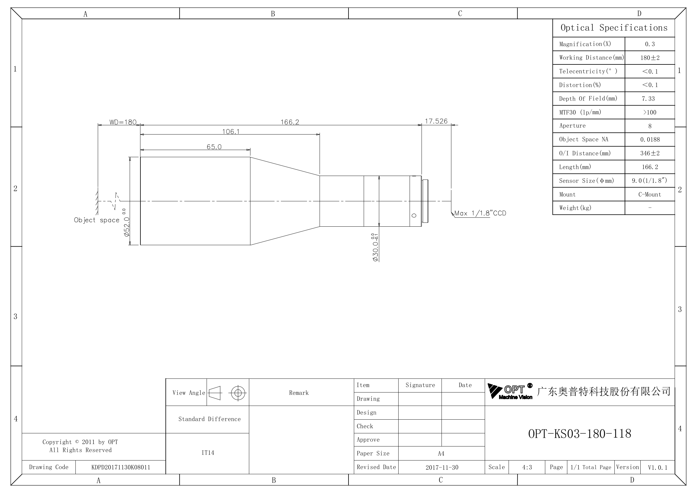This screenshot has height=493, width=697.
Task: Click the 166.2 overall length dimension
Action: (289, 122)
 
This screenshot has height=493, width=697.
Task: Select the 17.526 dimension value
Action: (436, 121)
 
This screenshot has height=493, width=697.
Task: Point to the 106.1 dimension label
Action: (231, 132)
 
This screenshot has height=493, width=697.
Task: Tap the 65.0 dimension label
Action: (214, 147)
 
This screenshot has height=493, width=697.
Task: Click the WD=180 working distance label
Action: (123, 122)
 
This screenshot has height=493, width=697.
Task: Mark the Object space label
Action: (97, 220)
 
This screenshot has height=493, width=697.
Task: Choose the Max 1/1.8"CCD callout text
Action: (480, 213)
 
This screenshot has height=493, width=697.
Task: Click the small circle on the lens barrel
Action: (414, 215)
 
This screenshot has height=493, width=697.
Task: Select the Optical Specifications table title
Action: (614, 28)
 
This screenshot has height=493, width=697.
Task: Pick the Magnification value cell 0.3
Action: (650, 44)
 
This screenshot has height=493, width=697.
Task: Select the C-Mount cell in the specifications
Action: (650, 194)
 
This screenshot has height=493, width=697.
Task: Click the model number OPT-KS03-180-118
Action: (580, 433)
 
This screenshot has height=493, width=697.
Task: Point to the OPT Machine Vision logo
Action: (510, 391)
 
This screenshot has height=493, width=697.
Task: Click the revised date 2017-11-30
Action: (442, 467)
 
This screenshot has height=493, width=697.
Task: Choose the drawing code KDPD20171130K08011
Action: (121, 467)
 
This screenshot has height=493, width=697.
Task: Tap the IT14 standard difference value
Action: (208, 453)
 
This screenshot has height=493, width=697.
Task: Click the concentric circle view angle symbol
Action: (238, 393)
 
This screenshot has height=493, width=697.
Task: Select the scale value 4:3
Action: (527, 467)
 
